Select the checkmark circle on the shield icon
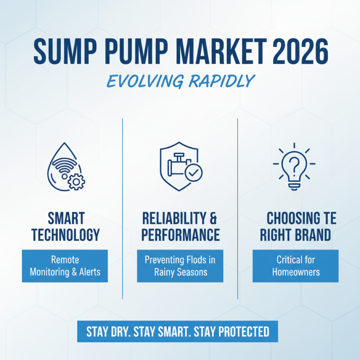pos(194,172)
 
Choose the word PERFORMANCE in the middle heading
pos(180,234)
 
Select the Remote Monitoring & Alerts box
pos(65,266)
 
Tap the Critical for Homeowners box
pos(295,266)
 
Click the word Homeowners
pos(295,272)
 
